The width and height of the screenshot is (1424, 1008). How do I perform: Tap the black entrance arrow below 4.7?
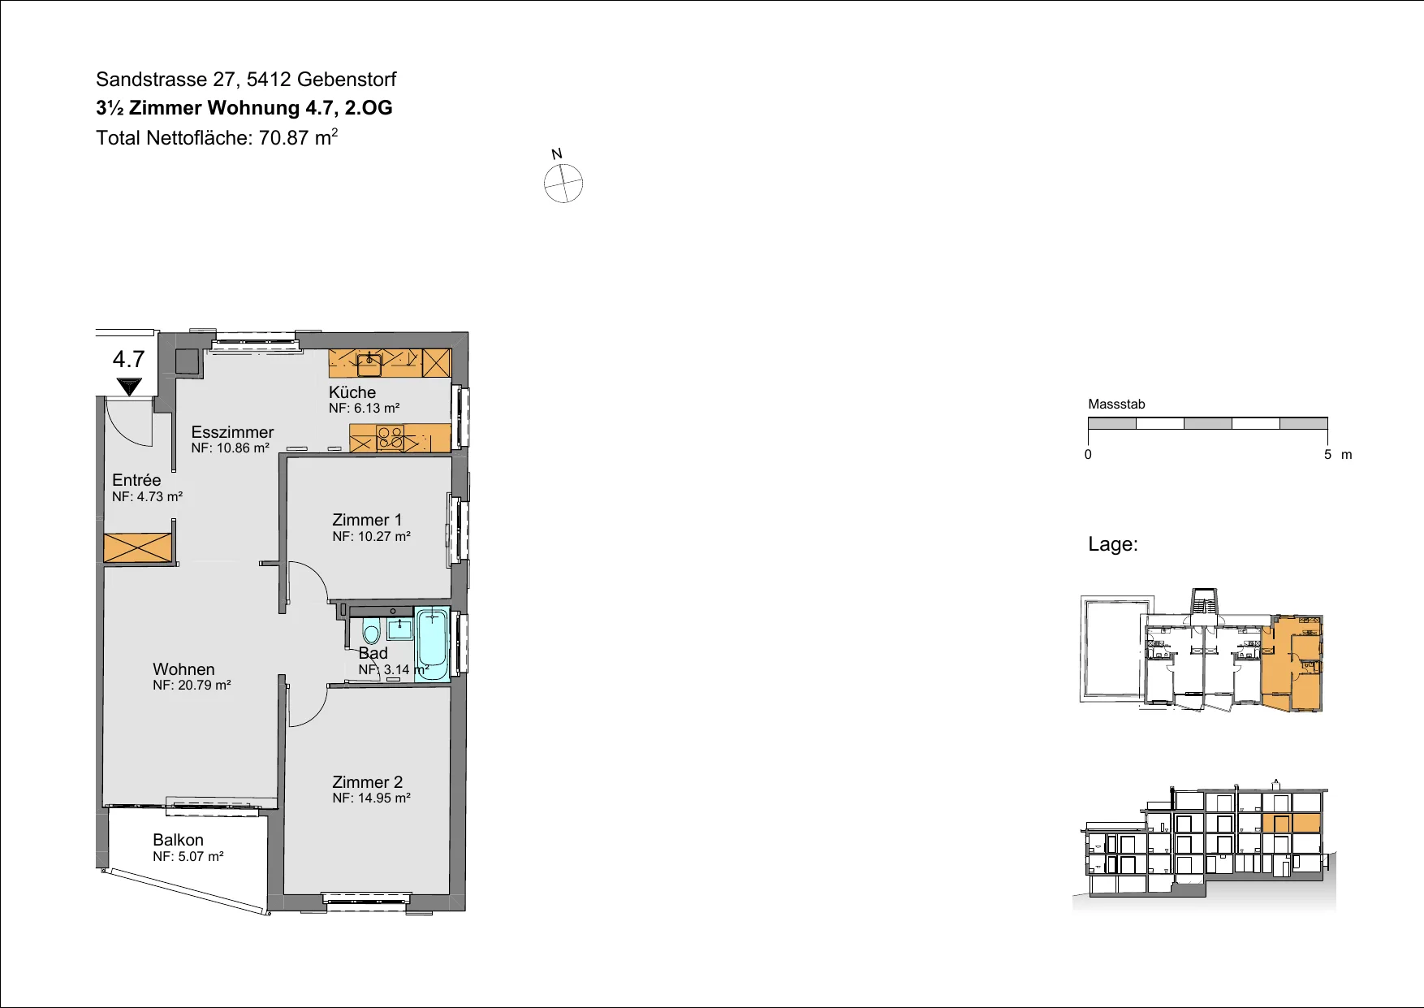pos(129,387)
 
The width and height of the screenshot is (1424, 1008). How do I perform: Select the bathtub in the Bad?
pos(432,643)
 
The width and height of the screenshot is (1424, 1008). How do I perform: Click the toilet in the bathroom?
pos(371,631)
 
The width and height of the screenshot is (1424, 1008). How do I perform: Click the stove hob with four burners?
pos(391,439)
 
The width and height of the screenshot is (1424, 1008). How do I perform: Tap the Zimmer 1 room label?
pos(367,520)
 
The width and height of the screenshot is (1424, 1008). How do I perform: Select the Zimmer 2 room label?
pos(367,782)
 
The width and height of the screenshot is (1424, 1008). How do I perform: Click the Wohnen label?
pos(183,669)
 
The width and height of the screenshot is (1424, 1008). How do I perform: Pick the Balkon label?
pos(178,840)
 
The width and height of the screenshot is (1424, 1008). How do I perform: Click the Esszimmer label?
pos(232,432)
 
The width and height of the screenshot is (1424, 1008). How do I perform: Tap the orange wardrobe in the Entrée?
pos(138,547)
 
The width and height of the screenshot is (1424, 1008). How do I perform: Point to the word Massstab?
pos(1116,404)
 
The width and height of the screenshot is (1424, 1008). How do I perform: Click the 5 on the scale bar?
pos(1328,455)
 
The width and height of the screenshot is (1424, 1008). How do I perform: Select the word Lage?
pos(1113,544)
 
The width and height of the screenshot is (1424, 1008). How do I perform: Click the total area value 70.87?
pos(283,138)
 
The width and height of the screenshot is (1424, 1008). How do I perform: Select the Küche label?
pos(352,392)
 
